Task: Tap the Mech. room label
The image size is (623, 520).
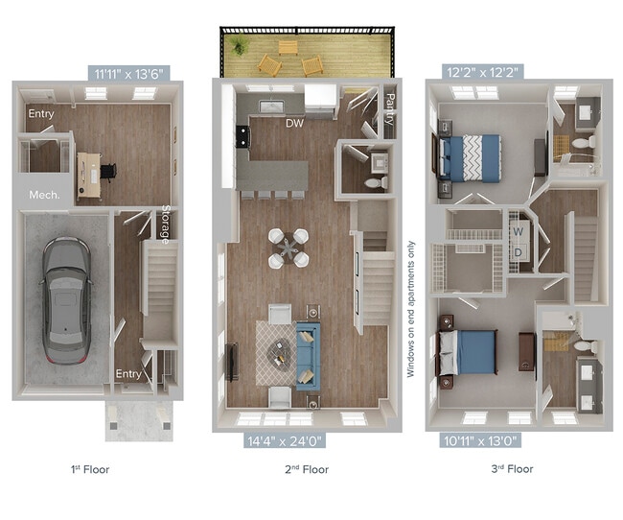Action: pyautogui.click(x=45, y=195)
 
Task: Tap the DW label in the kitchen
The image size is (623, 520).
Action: pyautogui.click(x=293, y=123)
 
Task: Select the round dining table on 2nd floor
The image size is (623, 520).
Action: pyautogui.click(x=288, y=247)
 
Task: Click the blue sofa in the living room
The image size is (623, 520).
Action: pyautogui.click(x=306, y=354)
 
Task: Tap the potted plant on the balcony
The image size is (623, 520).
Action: pyautogui.click(x=239, y=45)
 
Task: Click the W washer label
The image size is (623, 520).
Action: pyautogui.click(x=519, y=231)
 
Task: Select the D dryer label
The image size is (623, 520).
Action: pyautogui.click(x=519, y=252)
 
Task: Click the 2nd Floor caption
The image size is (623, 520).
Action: pyautogui.click(x=307, y=470)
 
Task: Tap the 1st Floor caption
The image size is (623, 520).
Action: pyautogui.click(x=90, y=470)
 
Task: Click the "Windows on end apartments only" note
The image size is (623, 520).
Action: pyautogui.click(x=410, y=308)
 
